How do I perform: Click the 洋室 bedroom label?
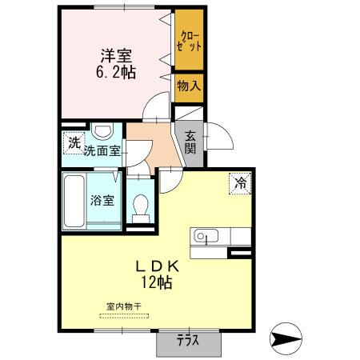pyautogui.click(x=117, y=56)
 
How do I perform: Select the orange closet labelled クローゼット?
pyautogui.click(x=189, y=42)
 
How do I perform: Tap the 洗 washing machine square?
pyautogui.click(x=74, y=144)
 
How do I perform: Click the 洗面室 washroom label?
pyautogui.click(x=102, y=149)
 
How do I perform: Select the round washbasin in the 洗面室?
pyautogui.click(x=102, y=132)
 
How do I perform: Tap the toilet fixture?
pyautogui.click(x=142, y=206)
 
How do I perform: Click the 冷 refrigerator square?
pyautogui.click(x=240, y=183)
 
